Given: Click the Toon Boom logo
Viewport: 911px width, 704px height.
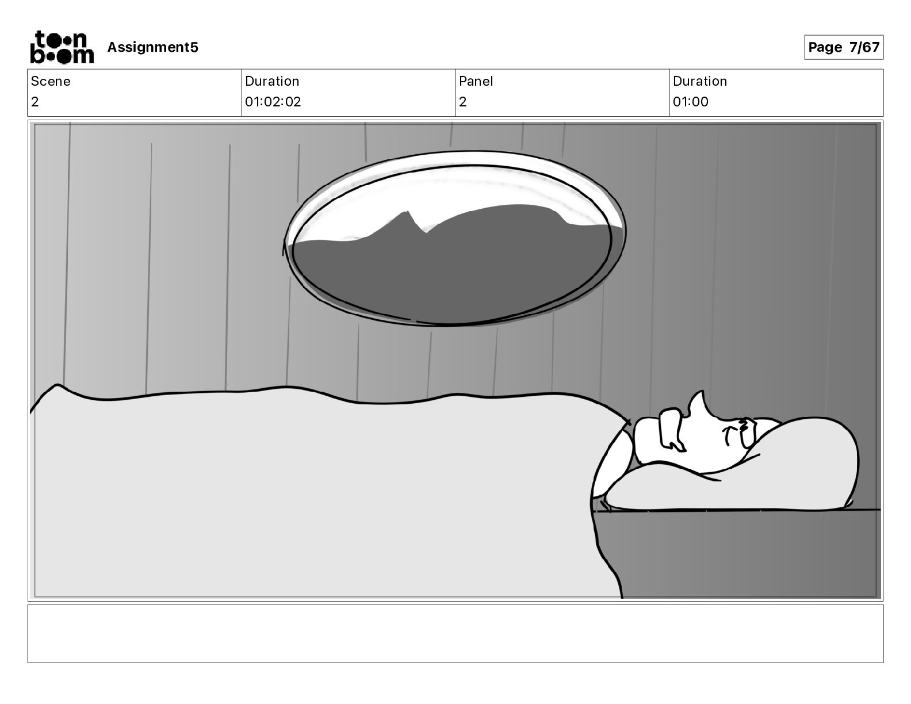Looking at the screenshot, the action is [62, 47].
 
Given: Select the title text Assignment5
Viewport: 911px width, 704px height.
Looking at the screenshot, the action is [152, 47].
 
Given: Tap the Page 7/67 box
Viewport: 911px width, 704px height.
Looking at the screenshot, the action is [843, 47].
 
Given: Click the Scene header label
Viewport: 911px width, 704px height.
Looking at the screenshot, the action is [51, 81].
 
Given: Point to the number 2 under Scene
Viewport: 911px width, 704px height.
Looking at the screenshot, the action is [35, 102].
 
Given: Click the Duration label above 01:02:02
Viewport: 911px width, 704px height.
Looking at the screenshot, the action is [272, 81].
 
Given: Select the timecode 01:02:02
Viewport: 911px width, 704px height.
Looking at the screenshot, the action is [273, 102].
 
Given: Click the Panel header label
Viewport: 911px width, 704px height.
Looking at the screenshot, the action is [476, 81].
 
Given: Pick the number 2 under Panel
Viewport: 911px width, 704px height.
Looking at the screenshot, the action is [463, 102].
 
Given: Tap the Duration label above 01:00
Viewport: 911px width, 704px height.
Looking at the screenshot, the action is [700, 81].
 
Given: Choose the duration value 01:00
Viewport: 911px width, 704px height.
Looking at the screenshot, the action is [691, 102].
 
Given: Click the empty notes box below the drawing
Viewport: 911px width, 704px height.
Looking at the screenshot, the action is [455, 633].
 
